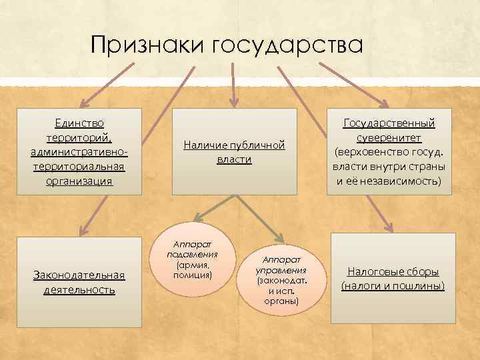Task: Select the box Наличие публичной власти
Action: point(234,151)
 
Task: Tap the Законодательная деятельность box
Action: point(79,281)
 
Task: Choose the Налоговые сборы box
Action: point(393,279)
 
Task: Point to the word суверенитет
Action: point(389,138)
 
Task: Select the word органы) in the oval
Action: point(281,301)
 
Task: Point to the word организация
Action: point(79,181)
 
